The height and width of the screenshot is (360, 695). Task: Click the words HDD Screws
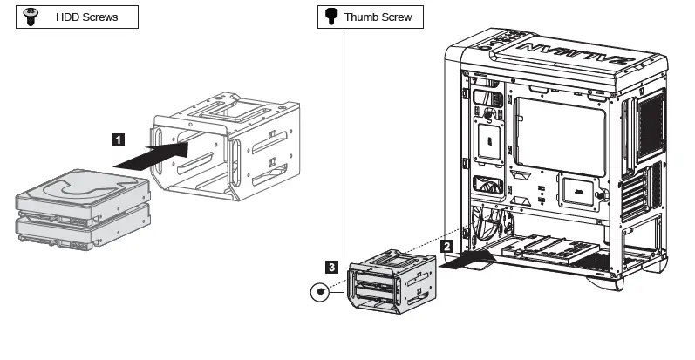[87, 17]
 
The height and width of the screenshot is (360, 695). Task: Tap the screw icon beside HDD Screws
[32, 17]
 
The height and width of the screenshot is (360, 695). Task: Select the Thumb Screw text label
[378, 17]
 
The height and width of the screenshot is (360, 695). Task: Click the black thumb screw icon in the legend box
[330, 17]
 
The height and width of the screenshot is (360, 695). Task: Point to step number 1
[118, 138]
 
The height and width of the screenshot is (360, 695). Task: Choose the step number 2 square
[446, 247]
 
